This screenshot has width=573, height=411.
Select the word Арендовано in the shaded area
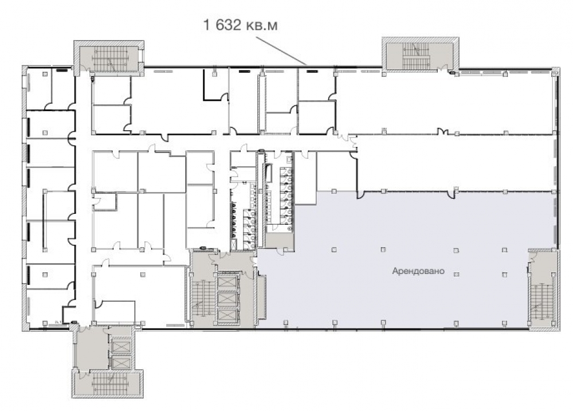click(x=418, y=271)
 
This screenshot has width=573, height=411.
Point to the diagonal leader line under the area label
click(x=281, y=51)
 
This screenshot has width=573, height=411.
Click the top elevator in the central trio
click(x=227, y=282)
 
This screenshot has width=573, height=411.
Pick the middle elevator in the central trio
click(x=227, y=299)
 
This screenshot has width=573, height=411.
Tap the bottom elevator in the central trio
click(x=227, y=315)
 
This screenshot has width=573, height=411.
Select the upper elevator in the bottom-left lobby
click(x=121, y=346)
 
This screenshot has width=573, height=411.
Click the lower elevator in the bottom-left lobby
click(x=121, y=362)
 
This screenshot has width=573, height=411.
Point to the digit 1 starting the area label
click(x=207, y=25)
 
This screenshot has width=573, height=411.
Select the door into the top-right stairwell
click(x=443, y=68)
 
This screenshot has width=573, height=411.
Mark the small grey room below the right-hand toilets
click(x=279, y=240)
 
